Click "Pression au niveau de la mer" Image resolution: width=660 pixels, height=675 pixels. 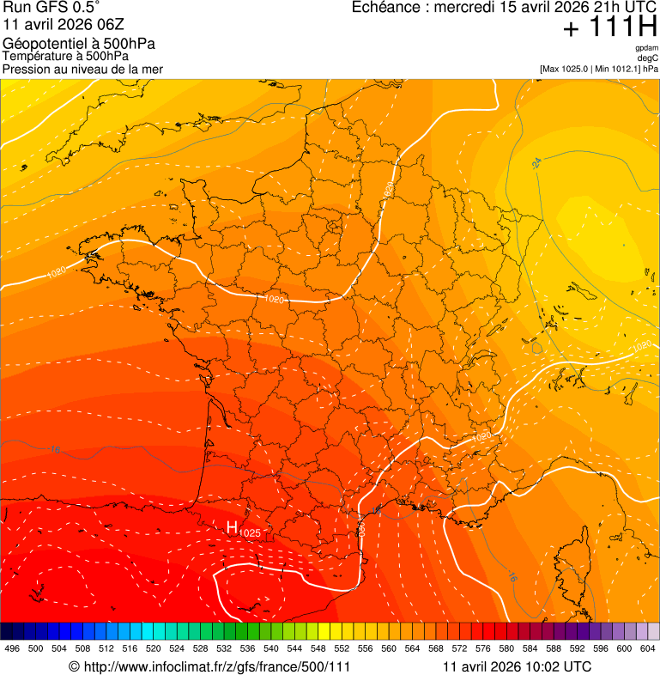point(82,69)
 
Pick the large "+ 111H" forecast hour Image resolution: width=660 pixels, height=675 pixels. point(609,28)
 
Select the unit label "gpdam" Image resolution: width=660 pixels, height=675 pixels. point(646,48)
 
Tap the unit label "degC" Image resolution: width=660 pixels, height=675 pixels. point(648,58)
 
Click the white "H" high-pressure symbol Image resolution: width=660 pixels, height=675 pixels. point(232,527)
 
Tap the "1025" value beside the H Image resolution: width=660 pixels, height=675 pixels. point(250,533)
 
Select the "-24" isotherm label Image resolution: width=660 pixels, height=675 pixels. point(536,161)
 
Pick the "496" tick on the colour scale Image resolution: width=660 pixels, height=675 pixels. point(12,648)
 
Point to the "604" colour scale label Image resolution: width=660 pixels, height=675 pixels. point(647,648)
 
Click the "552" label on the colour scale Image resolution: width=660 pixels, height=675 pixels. point(342,648)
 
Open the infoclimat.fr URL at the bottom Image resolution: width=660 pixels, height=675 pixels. point(209,666)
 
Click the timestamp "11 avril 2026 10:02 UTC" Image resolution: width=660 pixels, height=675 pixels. point(517,666)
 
